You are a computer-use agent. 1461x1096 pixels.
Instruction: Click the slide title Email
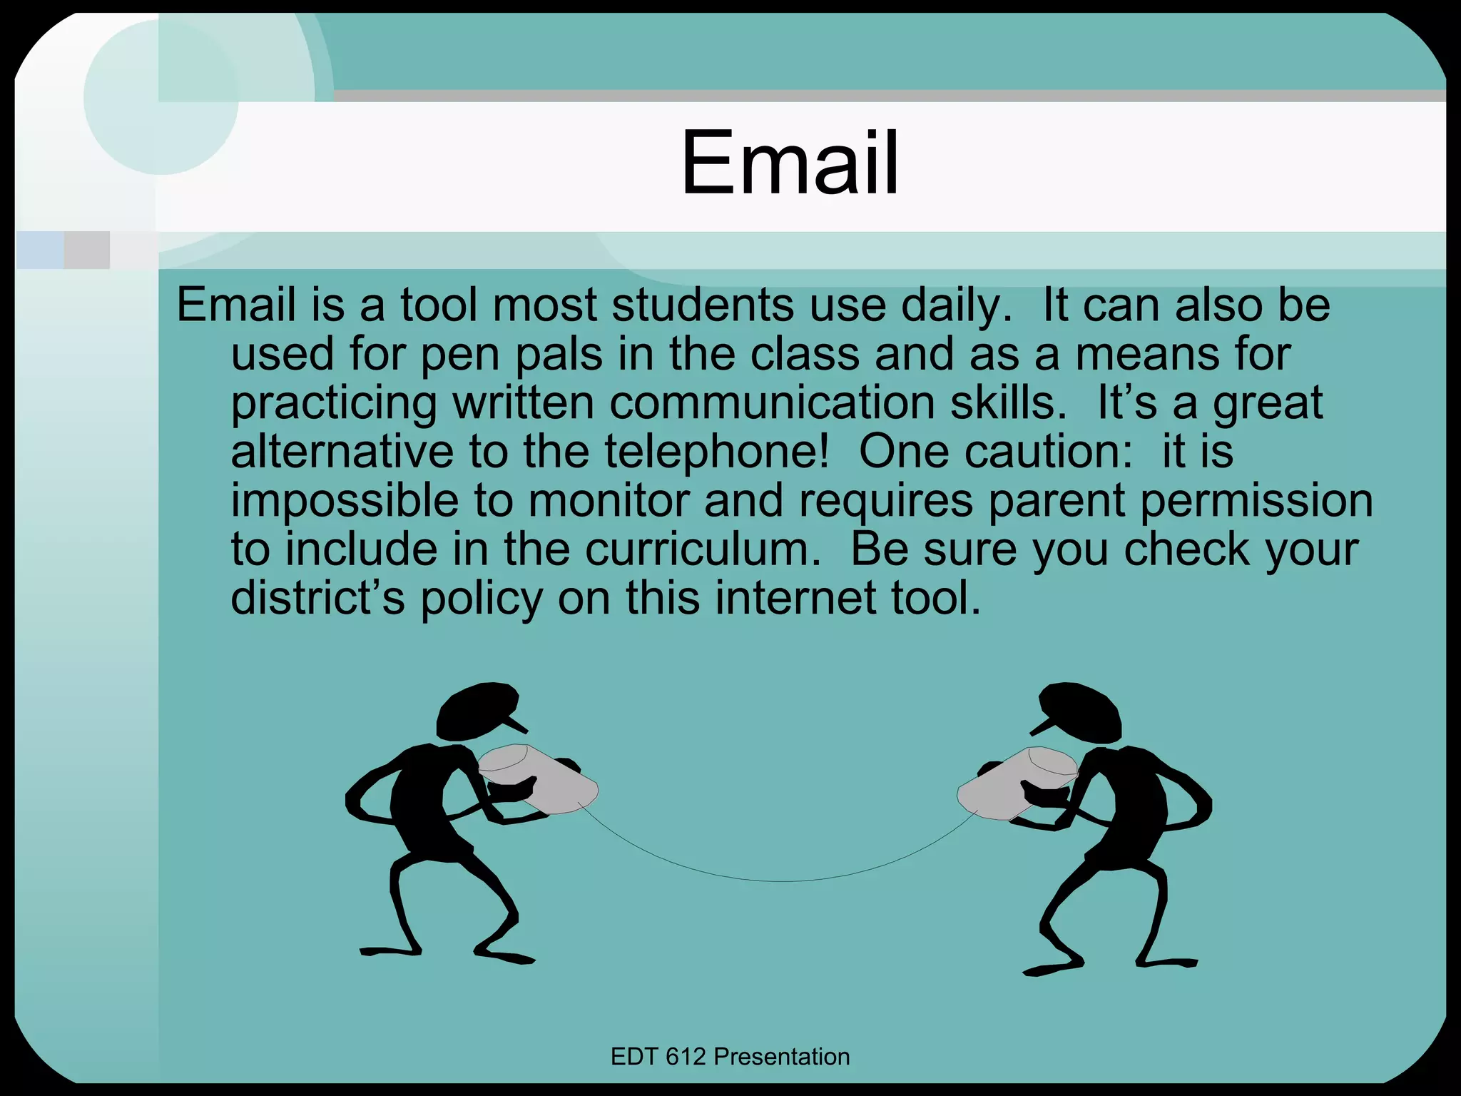click(x=790, y=163)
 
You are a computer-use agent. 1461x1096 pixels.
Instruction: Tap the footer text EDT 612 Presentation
click(x=730, y=1057)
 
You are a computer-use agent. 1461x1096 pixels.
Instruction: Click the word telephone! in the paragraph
click(x=717, y=452)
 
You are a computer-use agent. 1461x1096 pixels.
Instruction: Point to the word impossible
click(x=344, y=501)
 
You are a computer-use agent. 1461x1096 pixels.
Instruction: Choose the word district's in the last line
click(x=317, y=598)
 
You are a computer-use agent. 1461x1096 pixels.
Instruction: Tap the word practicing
click(x=333, y=404)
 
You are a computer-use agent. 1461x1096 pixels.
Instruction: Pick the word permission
click(x=1256, y=501)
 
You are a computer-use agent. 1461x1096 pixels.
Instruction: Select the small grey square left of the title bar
click(x=87, y=250)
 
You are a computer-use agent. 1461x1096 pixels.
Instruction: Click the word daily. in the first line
click(x=956, y=305)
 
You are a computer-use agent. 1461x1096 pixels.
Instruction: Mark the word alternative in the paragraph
click(x=342, y=452)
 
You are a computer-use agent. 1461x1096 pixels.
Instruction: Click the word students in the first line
click(x=702, y=305)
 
